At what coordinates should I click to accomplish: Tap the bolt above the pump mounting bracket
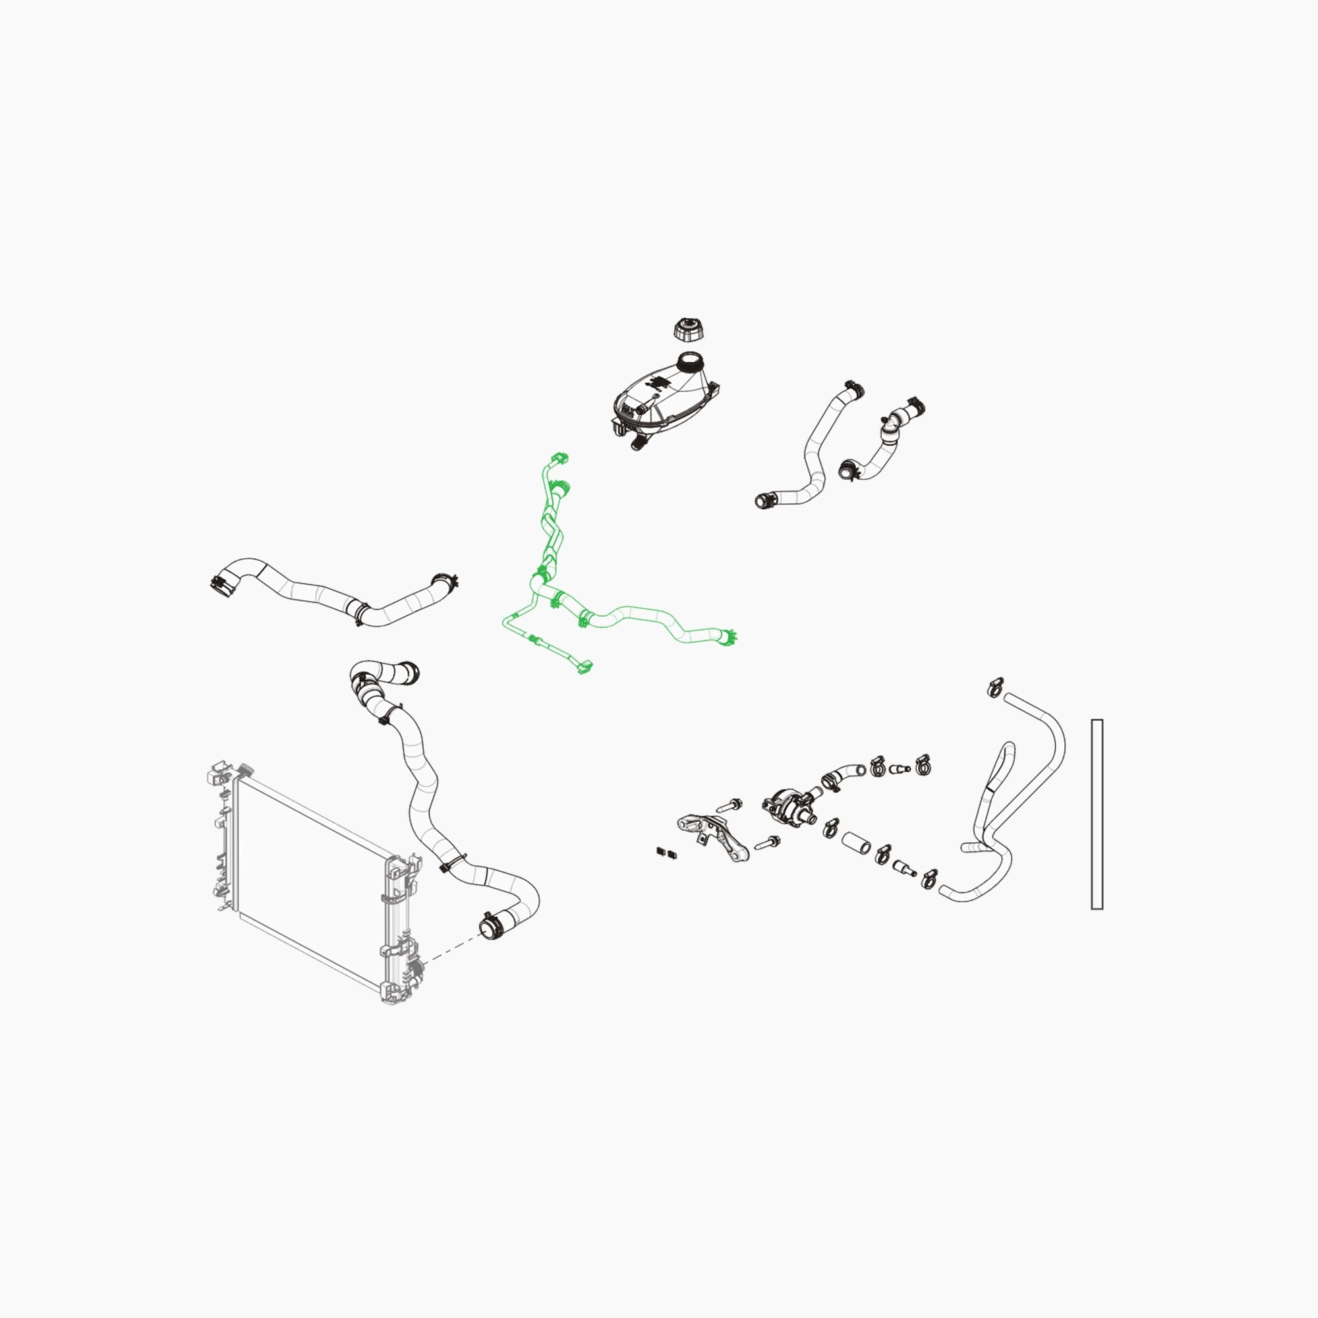[x=730, y=806]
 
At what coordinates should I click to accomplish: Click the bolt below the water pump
[x=768, y=844]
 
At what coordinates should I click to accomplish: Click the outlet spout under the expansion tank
[x=639, y=444]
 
